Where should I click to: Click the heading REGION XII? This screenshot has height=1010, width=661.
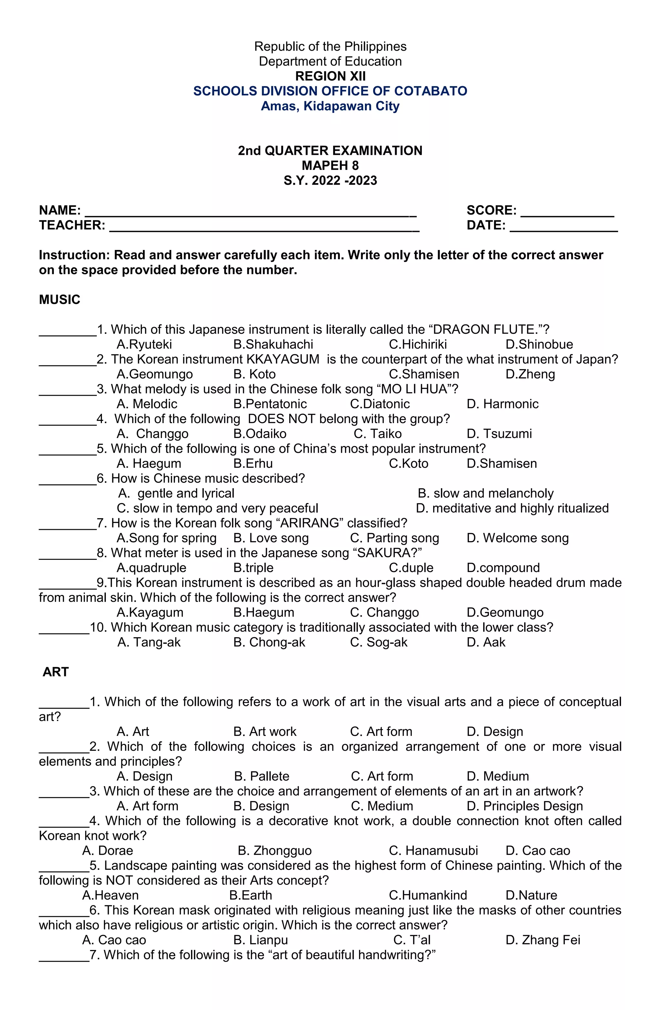[x=330, y=76]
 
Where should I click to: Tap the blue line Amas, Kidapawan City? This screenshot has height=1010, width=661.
[x=330, y=106]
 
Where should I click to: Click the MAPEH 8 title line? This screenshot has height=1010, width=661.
[x=330, y=165]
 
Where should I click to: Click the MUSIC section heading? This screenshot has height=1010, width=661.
[x=59, y=300]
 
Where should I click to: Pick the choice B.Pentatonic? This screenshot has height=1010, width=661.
[x=270, y=404]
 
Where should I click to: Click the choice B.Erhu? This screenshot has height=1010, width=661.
[x=253, y=463]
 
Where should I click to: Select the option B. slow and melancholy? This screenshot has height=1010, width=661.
[x=485, y=493]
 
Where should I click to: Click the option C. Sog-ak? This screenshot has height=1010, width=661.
[x=379, y=642]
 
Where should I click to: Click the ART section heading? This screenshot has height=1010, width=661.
[x=56, y=672]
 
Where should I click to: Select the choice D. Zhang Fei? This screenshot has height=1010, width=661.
[x=543, y=940]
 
